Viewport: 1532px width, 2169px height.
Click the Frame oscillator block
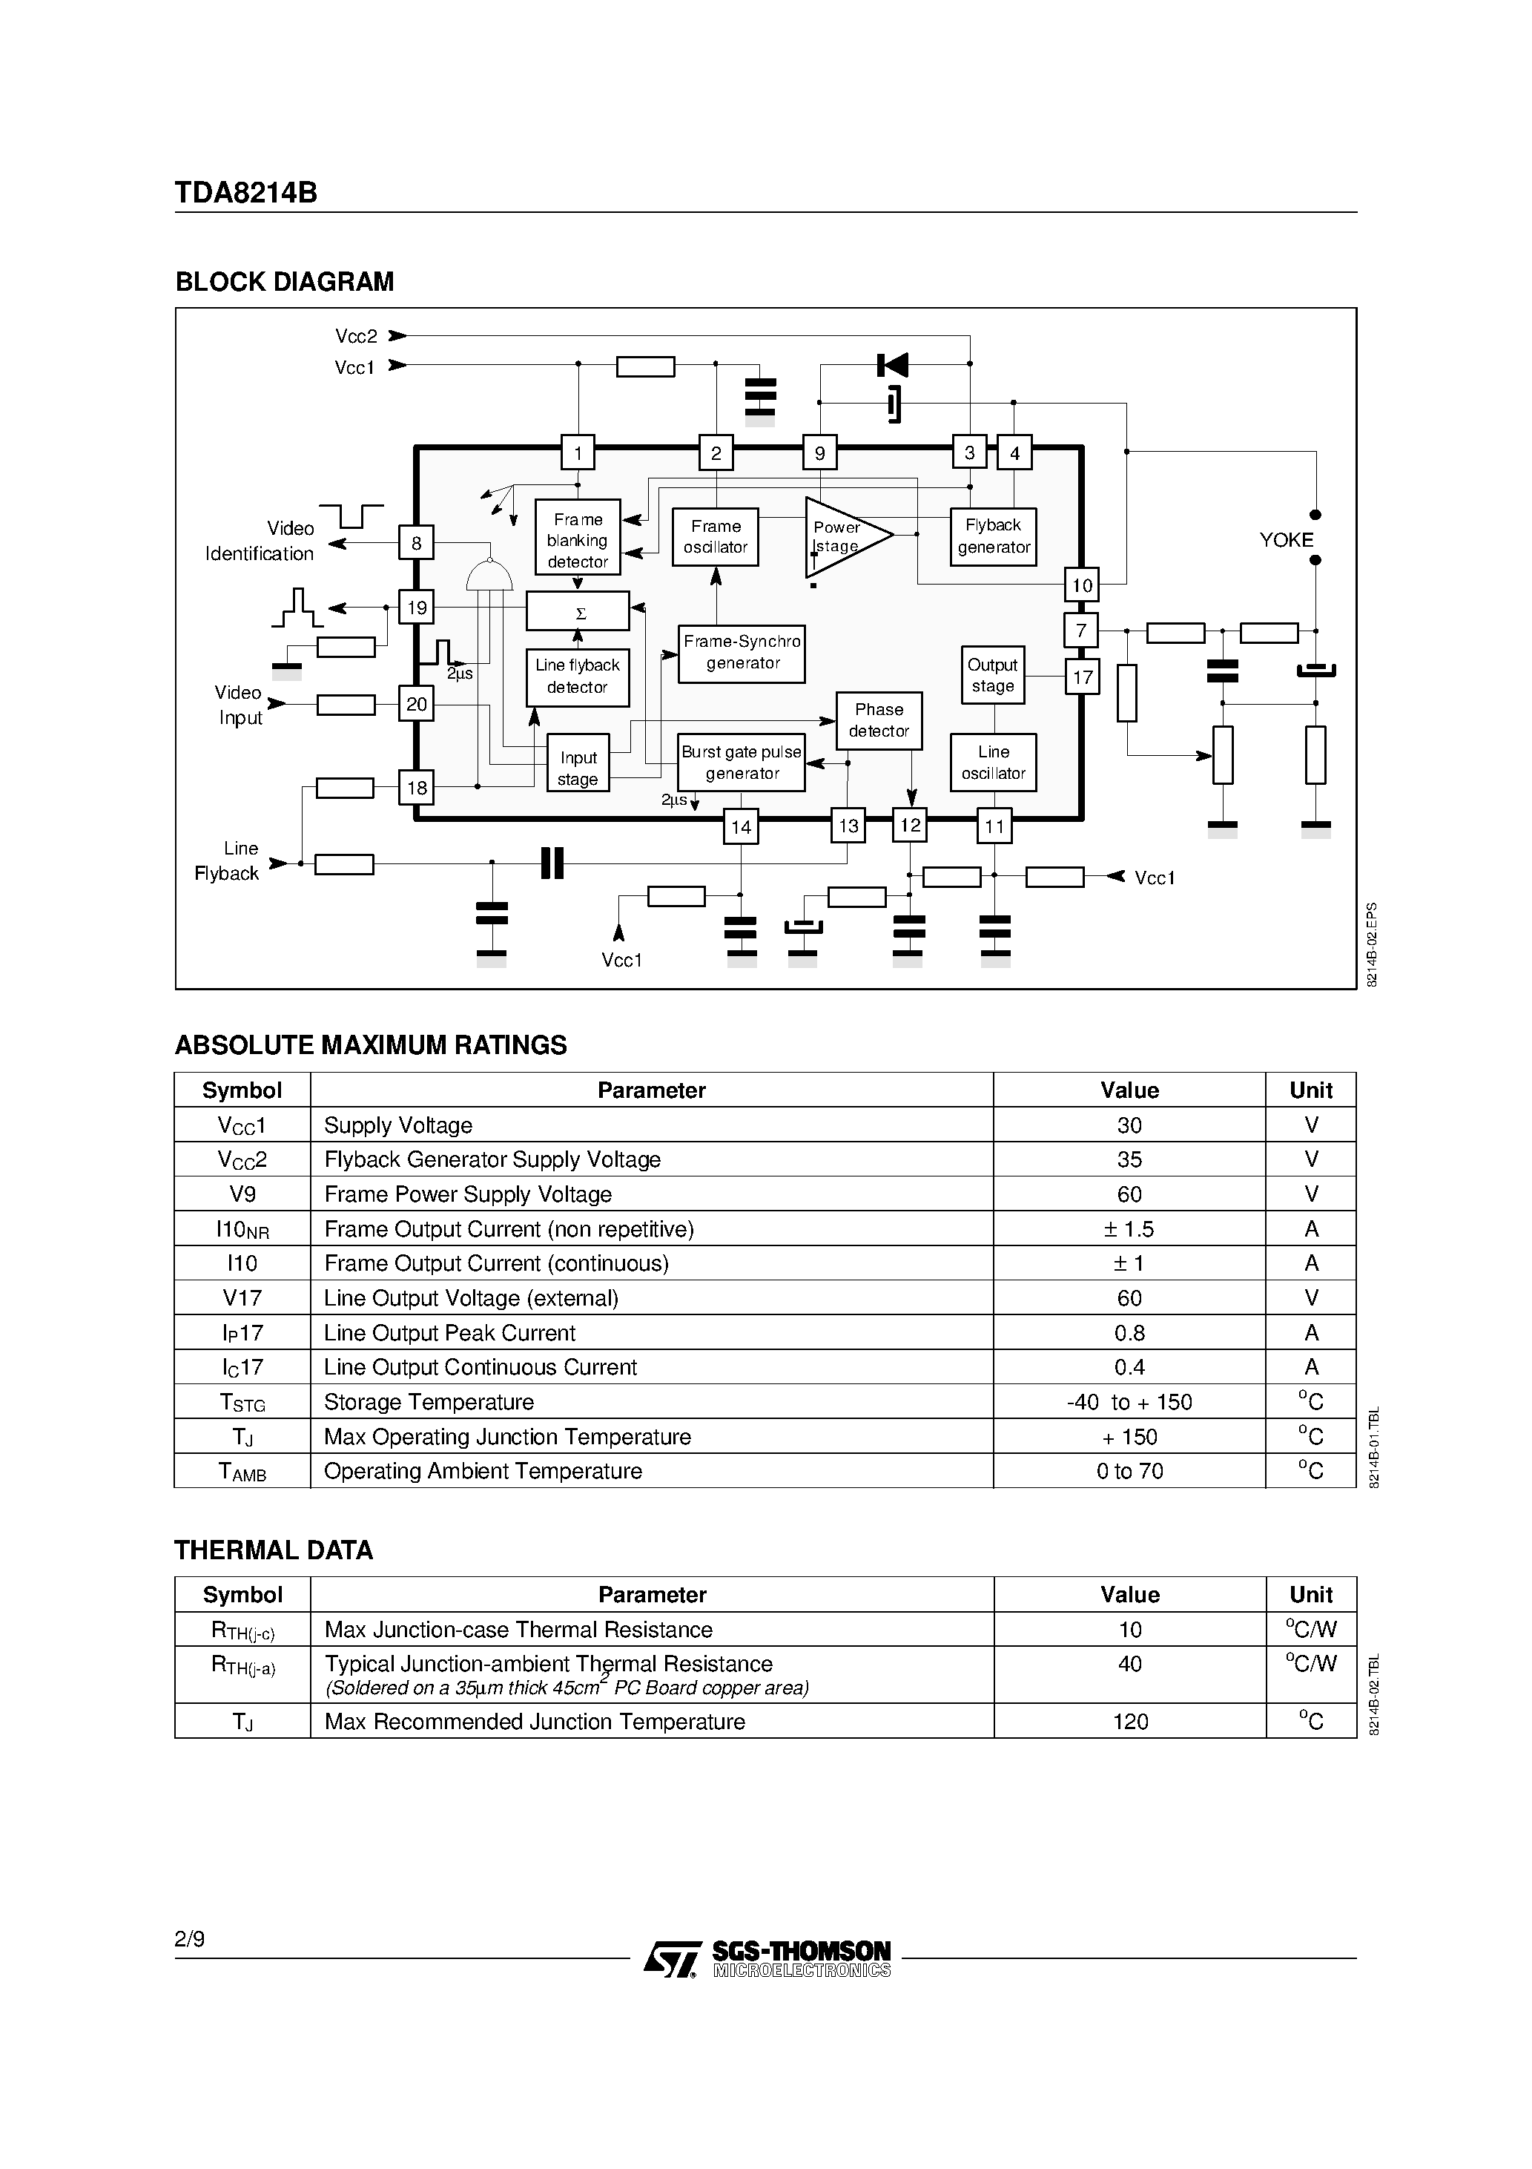[715, 536]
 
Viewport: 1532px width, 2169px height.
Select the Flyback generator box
[993, 536]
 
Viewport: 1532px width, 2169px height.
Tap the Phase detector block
[879, 720]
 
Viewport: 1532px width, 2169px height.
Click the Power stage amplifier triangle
[842, 536]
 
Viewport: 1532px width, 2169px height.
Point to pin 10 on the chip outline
[1081, 585]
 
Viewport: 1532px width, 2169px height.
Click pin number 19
[417, 608]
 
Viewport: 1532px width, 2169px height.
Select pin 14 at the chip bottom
[741, 826]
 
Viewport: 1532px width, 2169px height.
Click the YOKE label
[1286, 539]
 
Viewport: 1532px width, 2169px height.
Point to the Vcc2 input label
[356, 336]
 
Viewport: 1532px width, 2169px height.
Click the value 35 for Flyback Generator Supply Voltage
[1129, 1159]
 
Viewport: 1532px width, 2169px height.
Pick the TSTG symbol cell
[242, 1402]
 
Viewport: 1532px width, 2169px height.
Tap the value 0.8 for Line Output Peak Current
[1129, 1333]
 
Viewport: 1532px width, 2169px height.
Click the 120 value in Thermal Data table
[1129, 1721]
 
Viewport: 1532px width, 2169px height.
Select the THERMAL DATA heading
[274, 1550]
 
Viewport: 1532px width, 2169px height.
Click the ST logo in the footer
[673, 1958]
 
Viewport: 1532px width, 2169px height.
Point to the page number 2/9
[189, 1940]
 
